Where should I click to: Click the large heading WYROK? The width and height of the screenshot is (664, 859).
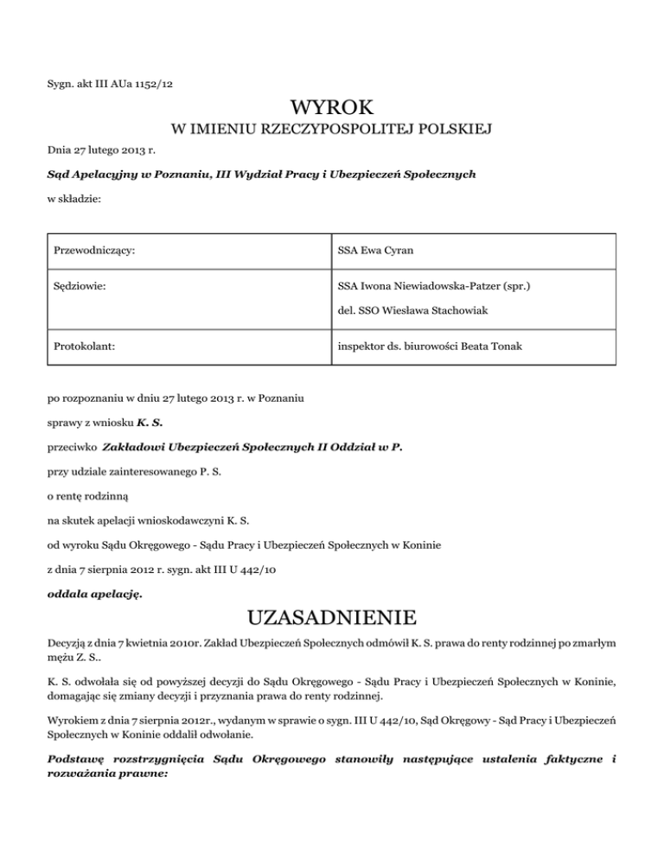332,109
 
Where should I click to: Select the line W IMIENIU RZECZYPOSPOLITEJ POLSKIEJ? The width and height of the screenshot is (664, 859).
332,130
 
